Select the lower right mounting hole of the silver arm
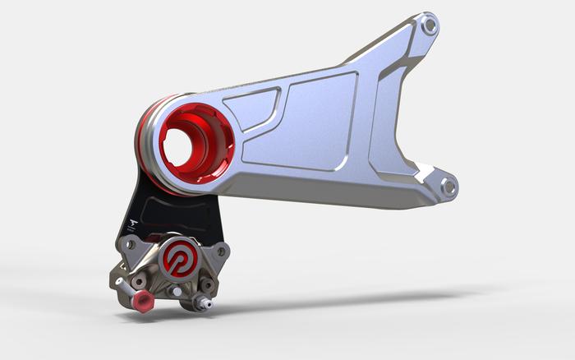pos(448,187)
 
